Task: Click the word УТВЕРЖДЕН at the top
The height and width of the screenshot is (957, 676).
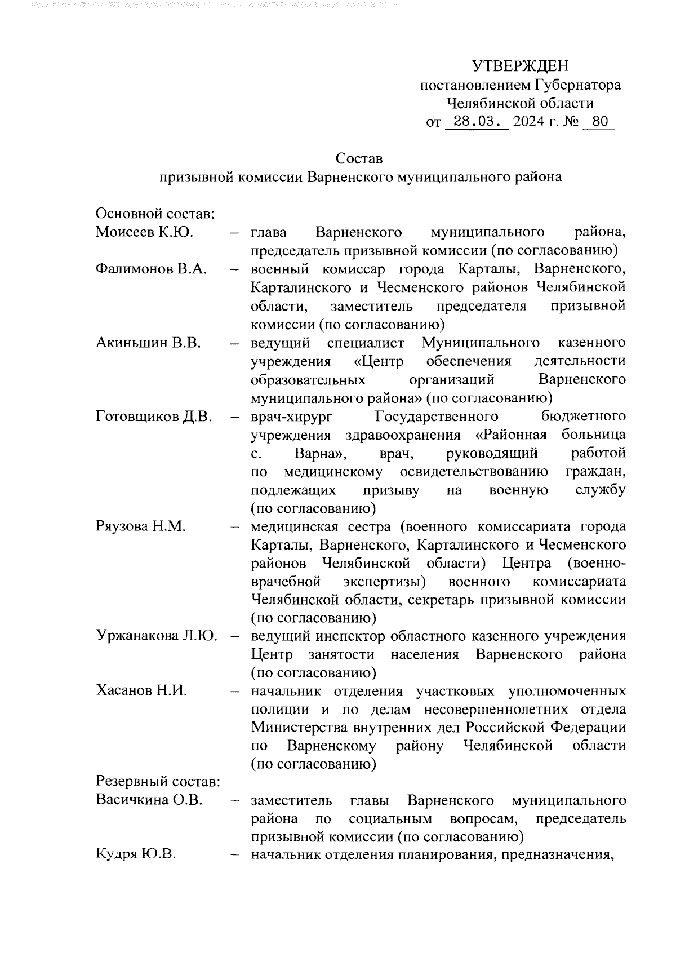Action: [521, 67]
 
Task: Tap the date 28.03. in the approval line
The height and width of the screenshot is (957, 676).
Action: [477, 122]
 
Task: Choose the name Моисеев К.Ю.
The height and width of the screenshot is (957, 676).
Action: [144, 232]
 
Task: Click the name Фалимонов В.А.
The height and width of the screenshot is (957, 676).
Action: [151, 269]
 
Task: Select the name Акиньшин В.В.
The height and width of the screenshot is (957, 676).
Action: [148, 343]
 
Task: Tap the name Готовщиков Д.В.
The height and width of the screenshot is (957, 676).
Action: [154, 417]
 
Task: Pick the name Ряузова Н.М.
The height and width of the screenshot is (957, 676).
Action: [141, 526]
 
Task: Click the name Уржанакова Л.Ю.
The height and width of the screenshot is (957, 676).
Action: [157, 636]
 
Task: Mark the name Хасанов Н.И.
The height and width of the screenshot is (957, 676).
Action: [141, 691]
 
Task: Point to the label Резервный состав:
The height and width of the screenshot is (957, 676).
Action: [157, 782]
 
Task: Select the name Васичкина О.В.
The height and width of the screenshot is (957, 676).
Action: [149, 800]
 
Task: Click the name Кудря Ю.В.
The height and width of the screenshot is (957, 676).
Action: [136, 855]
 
